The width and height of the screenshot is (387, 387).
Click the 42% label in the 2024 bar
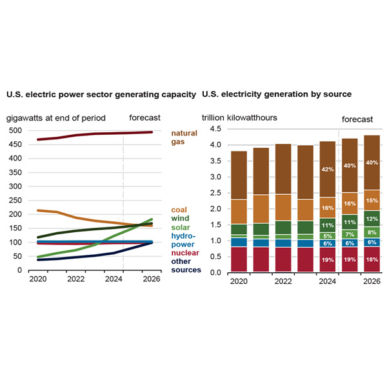coord(327,170)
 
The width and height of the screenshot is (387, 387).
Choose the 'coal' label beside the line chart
coord(179,210)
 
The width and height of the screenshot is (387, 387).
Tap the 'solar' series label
coord(181,228)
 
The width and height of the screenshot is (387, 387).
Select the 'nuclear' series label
coord(184,253)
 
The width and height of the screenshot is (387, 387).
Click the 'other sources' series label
coord(185,266)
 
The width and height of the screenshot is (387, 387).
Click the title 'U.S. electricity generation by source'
coord(277,94)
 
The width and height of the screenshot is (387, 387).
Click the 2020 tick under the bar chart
coord(239,282)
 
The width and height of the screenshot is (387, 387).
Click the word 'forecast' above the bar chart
coord(357,119)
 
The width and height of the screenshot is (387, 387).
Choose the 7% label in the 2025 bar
coord(348,234)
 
